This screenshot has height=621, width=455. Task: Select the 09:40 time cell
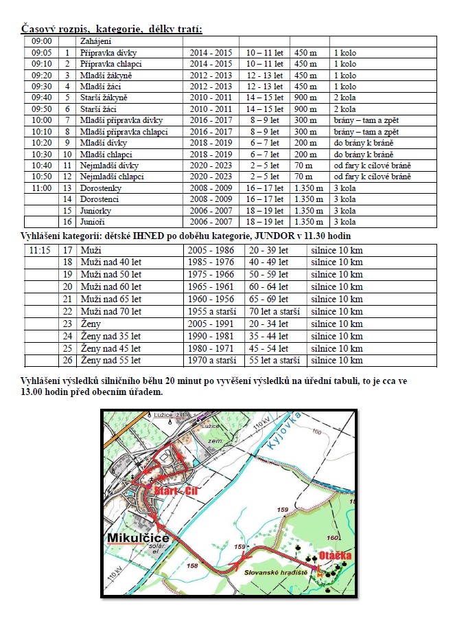pyautogui.click(x=42, y=98)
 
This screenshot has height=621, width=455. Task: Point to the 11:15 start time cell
pyautogui.click(x=41, y=250)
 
